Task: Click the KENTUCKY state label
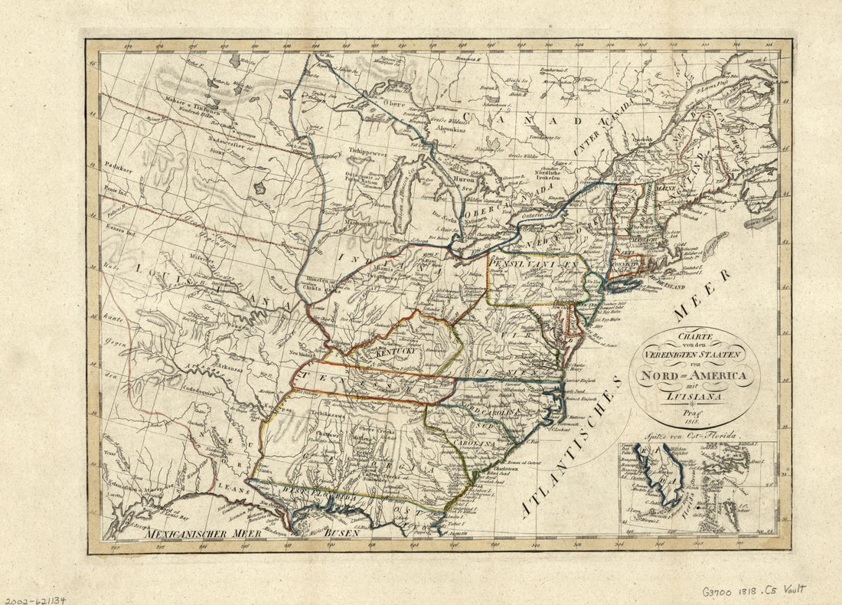[x=393, y=352]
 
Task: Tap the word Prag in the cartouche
[x=695, y=412]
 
